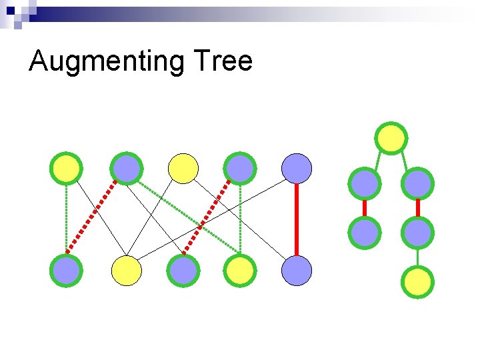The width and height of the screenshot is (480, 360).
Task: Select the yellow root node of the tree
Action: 391,137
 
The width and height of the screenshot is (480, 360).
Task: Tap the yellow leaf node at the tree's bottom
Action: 418,282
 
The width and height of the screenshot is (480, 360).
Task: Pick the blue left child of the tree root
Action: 365,183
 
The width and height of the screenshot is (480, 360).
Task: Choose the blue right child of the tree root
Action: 418,183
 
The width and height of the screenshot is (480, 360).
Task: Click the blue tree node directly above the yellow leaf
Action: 418,233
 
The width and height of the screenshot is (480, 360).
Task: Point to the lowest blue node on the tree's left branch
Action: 365,233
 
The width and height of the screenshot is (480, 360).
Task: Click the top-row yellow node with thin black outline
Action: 183,168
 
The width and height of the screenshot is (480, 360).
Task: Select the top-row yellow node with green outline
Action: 67,168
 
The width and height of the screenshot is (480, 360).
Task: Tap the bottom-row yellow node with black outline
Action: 127,270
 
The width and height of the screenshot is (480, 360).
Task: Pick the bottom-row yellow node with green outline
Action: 240,270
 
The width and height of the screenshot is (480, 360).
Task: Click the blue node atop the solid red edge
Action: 297,168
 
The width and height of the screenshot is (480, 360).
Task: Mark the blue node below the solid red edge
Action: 297,270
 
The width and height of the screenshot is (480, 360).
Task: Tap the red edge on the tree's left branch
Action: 365,208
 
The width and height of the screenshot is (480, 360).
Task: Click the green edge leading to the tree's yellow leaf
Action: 418,257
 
